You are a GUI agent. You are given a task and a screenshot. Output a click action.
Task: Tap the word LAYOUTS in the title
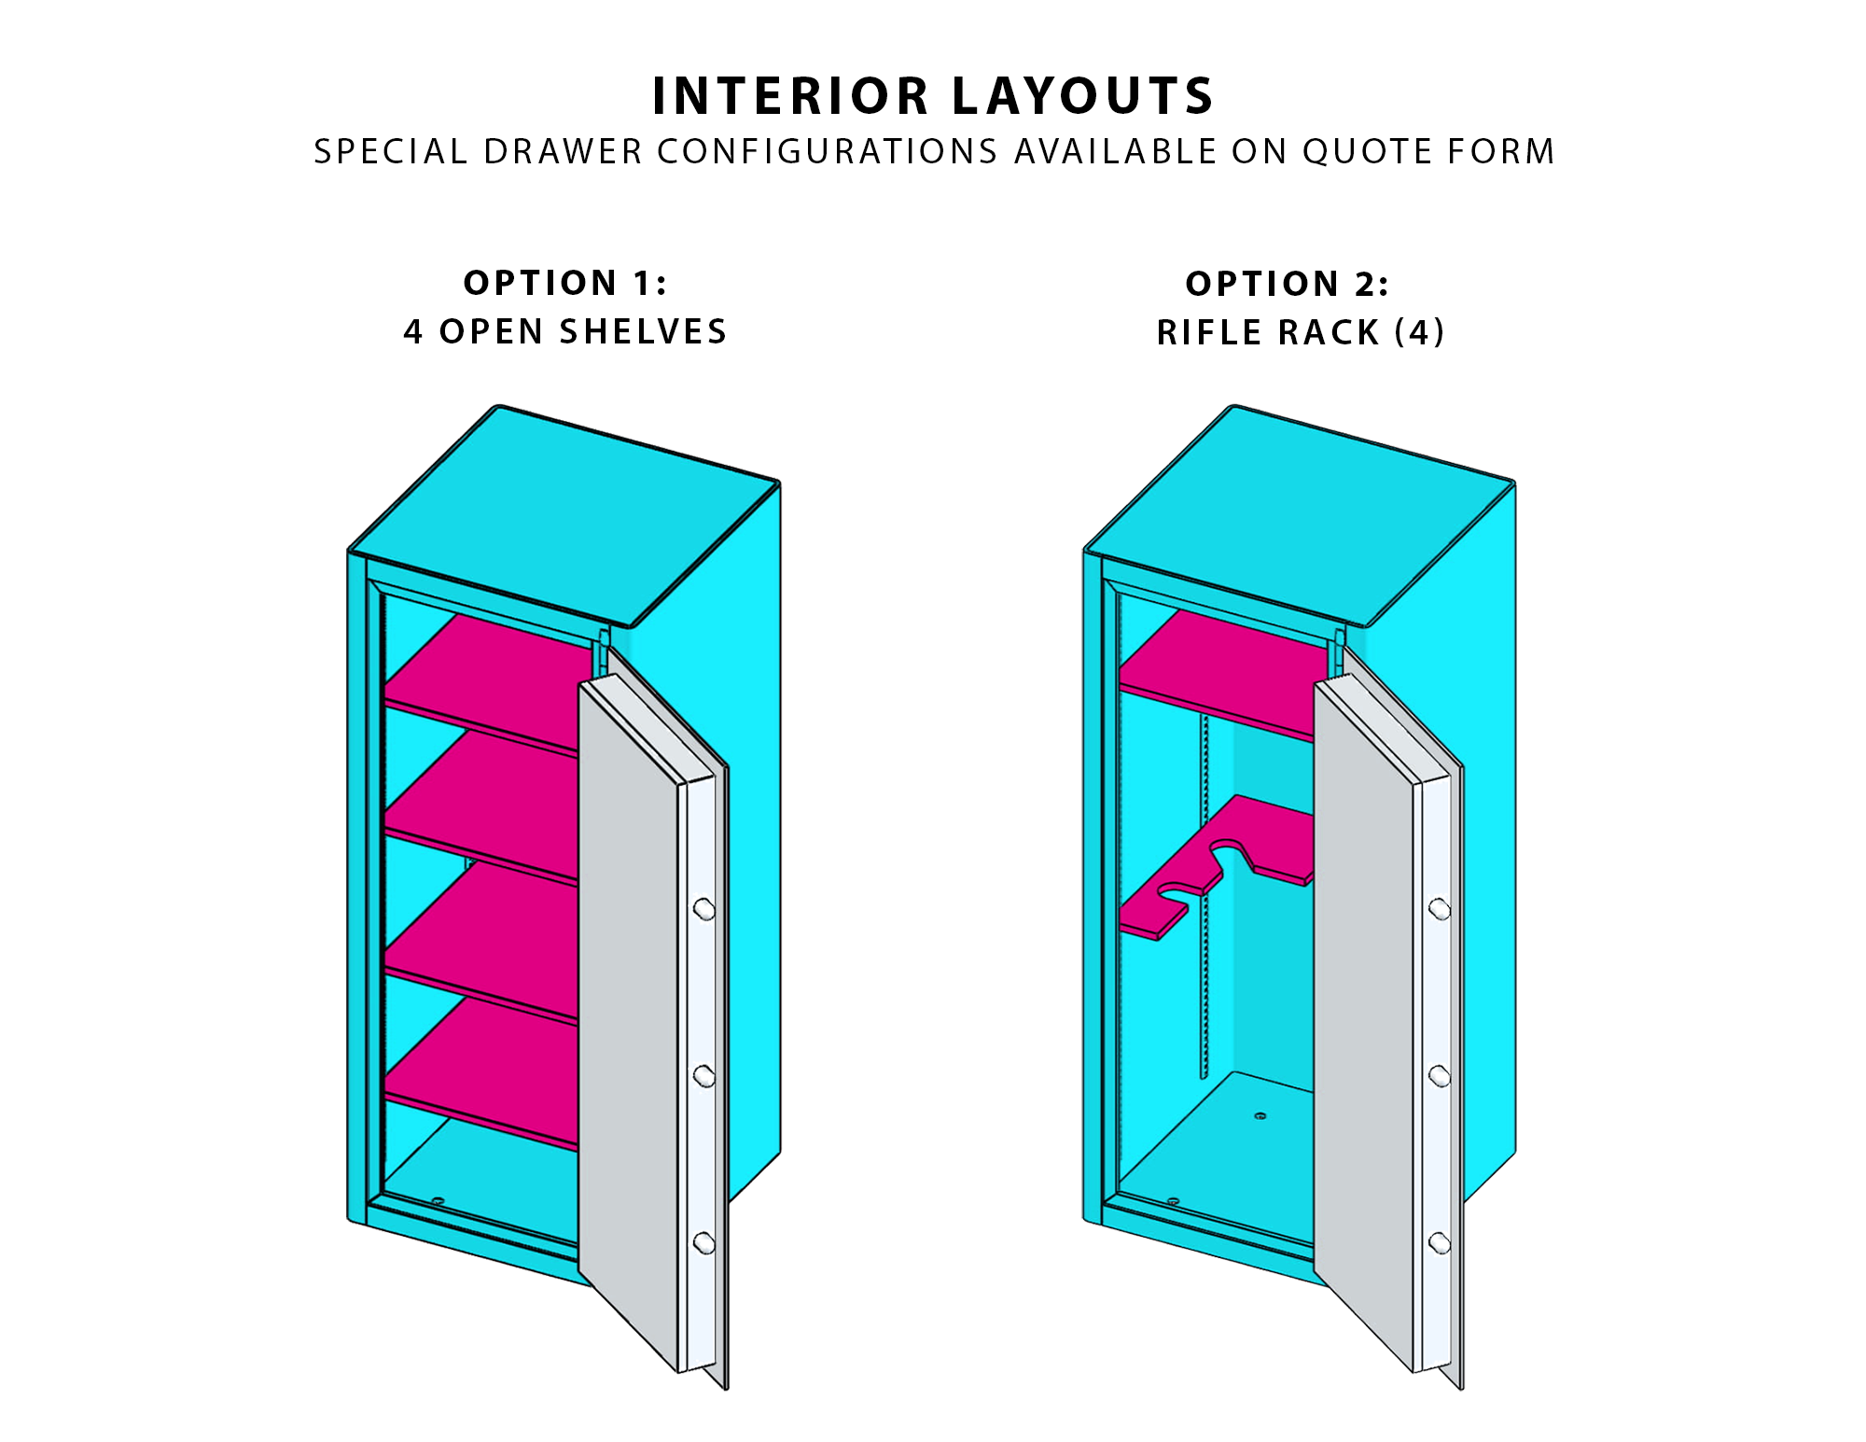click(1082, 96)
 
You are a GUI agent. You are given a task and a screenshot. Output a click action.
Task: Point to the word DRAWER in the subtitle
click(563, 151)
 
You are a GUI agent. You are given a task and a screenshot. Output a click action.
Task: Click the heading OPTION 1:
click(565, 283)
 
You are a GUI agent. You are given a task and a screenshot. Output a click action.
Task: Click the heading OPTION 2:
click(1288, 284)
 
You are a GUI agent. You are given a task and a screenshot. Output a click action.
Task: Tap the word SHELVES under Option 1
click(643, 331)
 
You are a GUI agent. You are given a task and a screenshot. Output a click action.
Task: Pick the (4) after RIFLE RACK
click(1419, 332)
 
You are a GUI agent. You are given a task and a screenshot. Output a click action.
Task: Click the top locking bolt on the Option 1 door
click(704, 908)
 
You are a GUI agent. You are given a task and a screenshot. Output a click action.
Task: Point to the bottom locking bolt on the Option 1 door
click(704, 1242)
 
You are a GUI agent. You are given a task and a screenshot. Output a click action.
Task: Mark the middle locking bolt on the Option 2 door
click(1440, 1076)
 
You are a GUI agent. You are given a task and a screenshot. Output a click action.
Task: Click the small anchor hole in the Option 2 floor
click(1260, 1115)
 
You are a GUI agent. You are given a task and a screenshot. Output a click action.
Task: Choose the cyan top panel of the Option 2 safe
click(1300, 515)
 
